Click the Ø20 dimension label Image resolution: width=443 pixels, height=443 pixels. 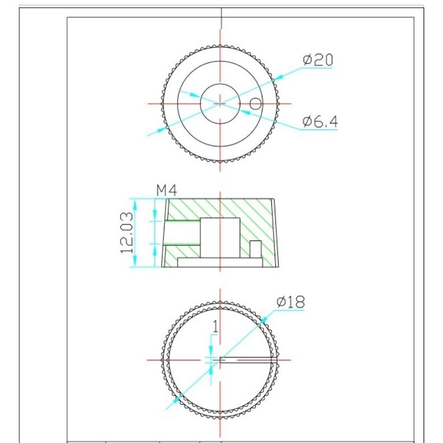[318, 60]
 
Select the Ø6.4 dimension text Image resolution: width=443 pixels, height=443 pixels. [320, 121]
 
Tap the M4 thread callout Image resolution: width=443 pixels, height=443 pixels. [167, 190]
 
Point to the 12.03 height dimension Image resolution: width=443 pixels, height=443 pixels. [127, 233]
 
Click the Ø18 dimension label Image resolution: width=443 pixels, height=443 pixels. [291, 302]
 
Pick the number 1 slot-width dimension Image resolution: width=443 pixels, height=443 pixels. [215, 326]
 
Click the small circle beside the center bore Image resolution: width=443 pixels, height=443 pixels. [256, 104]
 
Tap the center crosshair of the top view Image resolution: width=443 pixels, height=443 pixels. [220, 104]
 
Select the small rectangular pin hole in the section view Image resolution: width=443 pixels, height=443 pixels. [255, 249]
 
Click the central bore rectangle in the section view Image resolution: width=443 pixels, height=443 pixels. [220, 238]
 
